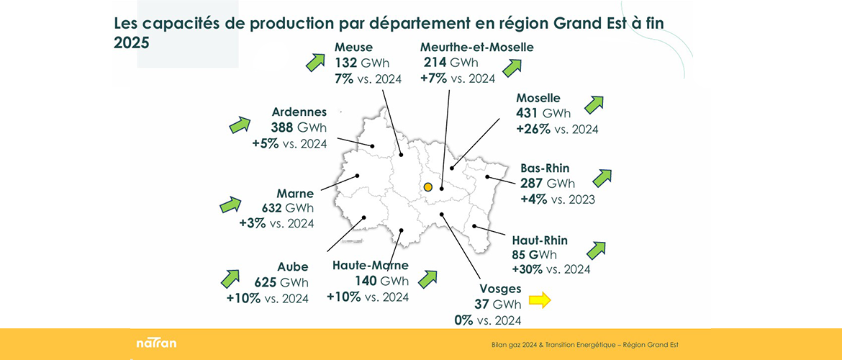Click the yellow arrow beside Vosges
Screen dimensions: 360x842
[539, 300]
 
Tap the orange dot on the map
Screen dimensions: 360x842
[427, 187]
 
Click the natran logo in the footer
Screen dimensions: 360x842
[156, 343]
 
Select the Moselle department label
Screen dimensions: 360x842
[538, 98]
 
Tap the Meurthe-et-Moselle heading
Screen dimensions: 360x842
[477, 48]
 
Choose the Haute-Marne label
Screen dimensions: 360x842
[371, 265]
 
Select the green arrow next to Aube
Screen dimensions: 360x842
[231, 278]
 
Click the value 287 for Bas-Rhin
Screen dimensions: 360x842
[532, 184]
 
